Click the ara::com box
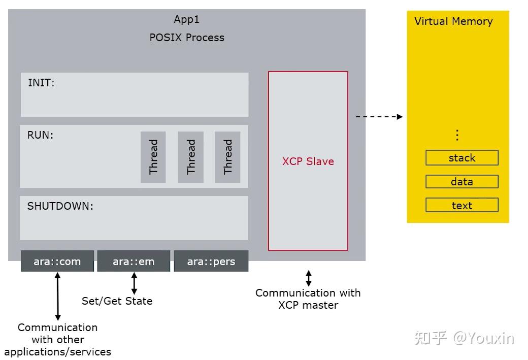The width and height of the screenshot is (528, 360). (57, 261)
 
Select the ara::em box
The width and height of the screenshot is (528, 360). (134, 261)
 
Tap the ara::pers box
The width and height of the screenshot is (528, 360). (211, 261)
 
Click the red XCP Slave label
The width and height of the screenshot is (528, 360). (308, 161)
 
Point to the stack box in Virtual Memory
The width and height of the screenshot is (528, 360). (462, 158)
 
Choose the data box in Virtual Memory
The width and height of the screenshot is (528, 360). (462, 182)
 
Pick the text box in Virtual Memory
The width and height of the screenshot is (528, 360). (462, 206)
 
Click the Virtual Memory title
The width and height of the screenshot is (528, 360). (453, 21)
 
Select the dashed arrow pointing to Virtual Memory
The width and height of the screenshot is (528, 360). (379, 117)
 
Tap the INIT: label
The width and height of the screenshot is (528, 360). (41, 83)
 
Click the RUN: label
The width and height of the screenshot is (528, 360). (40, 135)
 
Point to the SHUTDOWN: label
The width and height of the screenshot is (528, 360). (60, 206)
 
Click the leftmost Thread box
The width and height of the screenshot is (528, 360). (153, 157)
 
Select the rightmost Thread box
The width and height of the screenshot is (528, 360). (227, 157)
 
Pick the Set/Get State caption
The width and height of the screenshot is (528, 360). (117, 301)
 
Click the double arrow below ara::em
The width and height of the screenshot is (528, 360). (134, 283)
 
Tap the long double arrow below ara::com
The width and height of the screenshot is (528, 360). (57, 296)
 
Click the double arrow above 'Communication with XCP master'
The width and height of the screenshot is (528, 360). (308, 278)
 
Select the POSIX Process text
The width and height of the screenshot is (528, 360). (187, 38)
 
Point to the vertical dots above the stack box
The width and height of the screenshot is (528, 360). (457, 135)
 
